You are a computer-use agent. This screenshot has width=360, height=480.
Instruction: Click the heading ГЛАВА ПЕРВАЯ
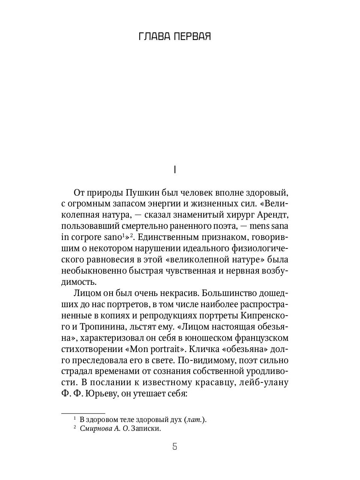174,37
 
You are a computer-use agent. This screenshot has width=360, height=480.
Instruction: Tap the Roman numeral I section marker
175,170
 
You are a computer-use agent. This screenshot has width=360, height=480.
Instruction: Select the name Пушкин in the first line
137,192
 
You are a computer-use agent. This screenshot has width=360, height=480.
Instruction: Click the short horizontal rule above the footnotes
83,412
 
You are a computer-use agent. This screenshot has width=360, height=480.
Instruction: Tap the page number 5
175,447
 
